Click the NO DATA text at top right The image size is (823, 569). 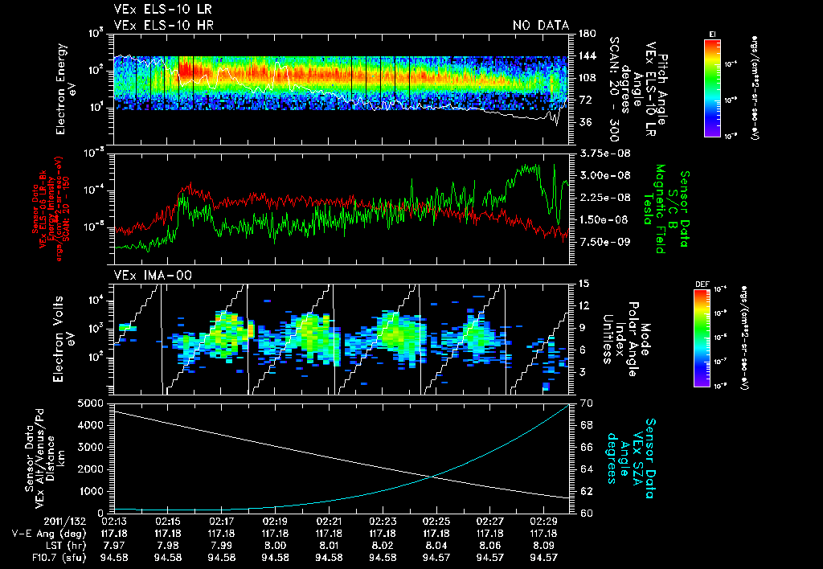click(x=540, y=26)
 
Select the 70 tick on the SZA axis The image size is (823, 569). click(x=584, y=402)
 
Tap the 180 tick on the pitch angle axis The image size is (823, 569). click(x=587, y=34)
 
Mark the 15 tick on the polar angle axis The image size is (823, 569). click(x=584, y=284)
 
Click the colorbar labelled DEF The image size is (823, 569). click(x=713, y=337)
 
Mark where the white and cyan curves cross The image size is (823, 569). click(x=433, y=477)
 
